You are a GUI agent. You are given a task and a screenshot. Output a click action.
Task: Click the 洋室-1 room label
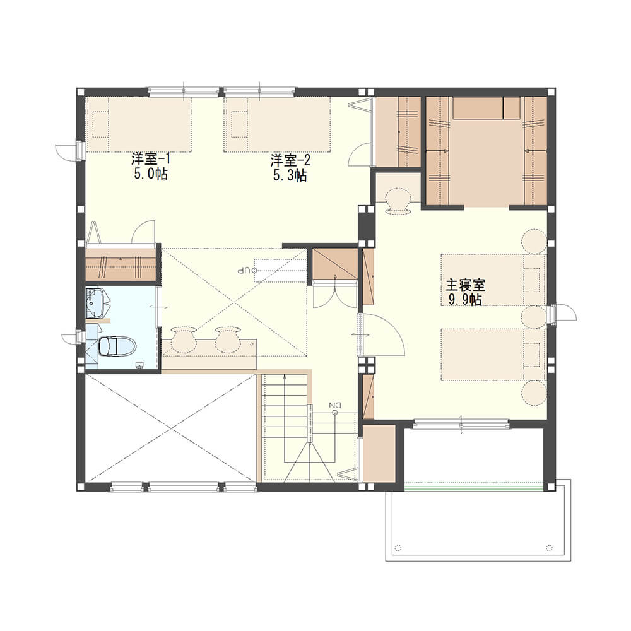(151, 159)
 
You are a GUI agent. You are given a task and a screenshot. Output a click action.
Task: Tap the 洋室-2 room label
(290, 160)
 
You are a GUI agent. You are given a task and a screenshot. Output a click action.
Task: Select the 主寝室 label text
(465, 285)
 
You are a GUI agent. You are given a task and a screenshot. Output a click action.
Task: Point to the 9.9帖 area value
(465, 300)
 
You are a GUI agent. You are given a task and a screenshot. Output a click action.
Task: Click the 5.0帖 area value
(151, 174)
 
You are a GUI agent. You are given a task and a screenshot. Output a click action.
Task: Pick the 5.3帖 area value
(290, 176)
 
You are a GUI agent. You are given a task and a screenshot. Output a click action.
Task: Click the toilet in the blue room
(117, 346)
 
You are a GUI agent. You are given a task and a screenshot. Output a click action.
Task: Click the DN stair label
(334, 405)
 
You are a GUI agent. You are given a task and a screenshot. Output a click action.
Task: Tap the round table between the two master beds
(534, 317)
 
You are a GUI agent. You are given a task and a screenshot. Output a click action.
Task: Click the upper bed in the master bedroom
(493, 280)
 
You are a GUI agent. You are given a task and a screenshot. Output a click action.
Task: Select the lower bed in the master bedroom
(493, 355)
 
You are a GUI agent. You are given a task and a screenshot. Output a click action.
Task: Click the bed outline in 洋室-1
(139, 124)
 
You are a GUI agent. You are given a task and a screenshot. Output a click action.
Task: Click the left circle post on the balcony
(398, 548)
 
